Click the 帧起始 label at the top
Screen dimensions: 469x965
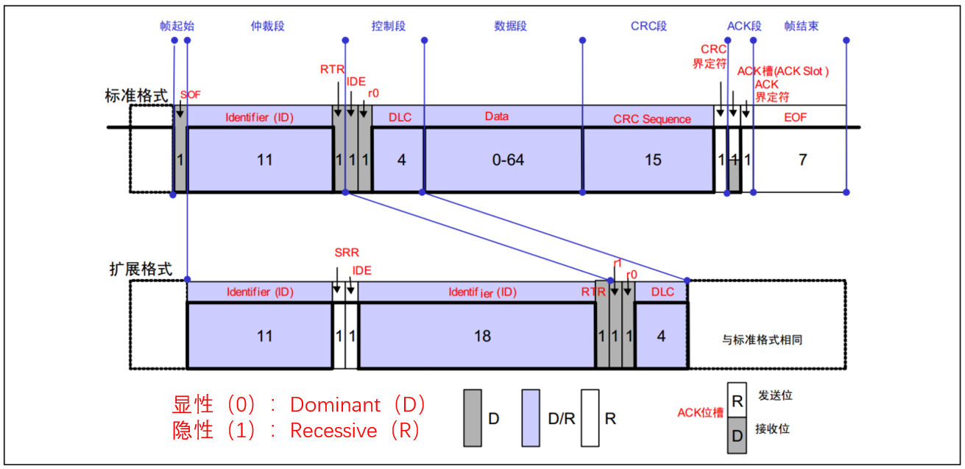177,26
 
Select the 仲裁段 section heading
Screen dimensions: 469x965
267,26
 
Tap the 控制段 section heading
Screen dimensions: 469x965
389,26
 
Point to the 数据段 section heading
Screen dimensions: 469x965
510,26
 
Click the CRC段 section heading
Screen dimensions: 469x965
648,26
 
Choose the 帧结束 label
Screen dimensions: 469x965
801,26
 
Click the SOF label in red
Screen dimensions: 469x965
190,95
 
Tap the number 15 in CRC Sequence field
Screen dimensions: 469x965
653,159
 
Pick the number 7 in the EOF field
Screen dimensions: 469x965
802,159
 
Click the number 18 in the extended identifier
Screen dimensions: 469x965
482,336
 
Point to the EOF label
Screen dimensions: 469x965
796,117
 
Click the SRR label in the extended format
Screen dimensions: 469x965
346,253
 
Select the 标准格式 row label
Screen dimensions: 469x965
136,96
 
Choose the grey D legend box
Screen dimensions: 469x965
473,417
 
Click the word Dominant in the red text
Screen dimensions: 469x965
336,404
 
